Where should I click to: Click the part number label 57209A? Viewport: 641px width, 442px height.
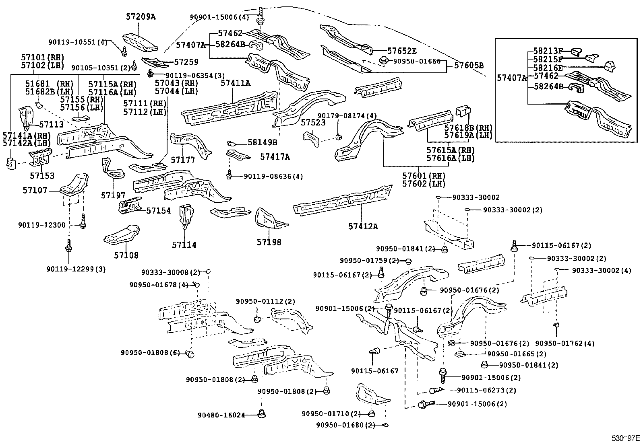pyautogui.click(x=141, y=17)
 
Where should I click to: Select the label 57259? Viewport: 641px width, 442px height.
pyautogui.click(x=186, y=62)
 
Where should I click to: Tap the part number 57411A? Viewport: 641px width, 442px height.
pyautogui.click(x=236, y=83)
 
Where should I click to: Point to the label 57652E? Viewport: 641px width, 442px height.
pyautogui.click(x=402, y=51)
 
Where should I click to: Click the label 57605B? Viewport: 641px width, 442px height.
pyautogui.click(x=469, y=66)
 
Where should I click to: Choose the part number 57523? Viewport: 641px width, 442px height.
pyautogui.click(x=313, y=122)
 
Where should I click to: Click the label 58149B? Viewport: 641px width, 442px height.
pyautogui.click(x=263, y=142)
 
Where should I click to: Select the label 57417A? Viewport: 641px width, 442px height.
pyautogui.click(x=275, y=157)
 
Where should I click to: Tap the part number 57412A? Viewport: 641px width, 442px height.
pyautogui.click(x=363, y=226)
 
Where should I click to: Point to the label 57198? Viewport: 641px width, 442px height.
pyautogui.click(x=269, y=242)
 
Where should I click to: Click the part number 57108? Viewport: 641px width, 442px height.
pyautogui.click(x=126, y=255)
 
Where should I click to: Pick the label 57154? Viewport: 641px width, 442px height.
pyautogui.click(x=159, y=211)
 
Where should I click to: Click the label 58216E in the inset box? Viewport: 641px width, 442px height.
pyautogui.click(x=548, y=68)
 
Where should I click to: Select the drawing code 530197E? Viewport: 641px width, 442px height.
pyautogui.click(x=626, y=438)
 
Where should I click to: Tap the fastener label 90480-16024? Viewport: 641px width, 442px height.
pyautogui.click(x=221, y=415)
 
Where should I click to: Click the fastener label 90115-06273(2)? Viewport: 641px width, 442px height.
pyautogui.click(x=486, y=390)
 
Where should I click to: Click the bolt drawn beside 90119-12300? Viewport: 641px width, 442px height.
pyautogui.click(x=83, y=221)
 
